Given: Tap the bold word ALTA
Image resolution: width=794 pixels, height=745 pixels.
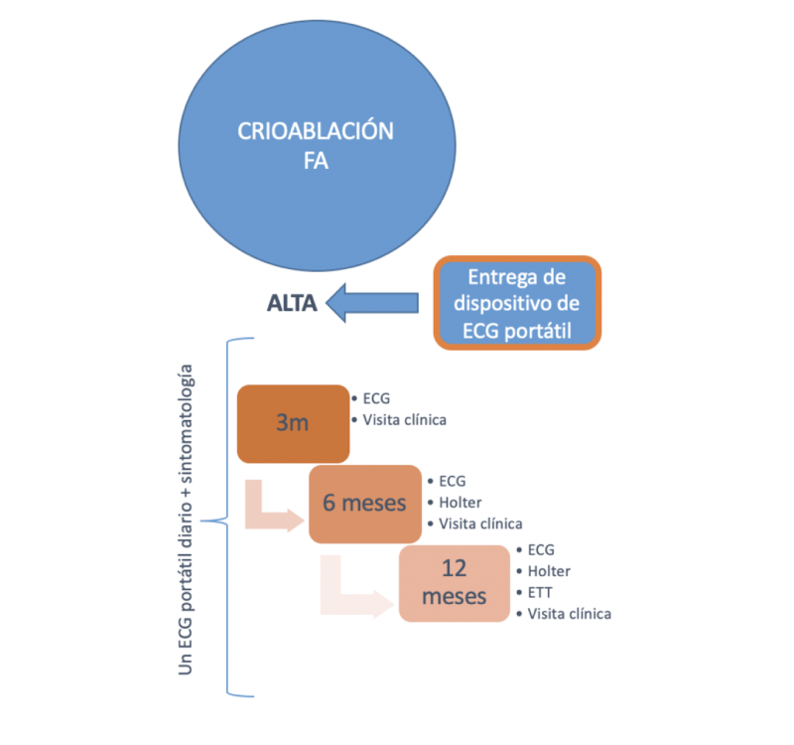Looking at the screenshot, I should tap(291, 304).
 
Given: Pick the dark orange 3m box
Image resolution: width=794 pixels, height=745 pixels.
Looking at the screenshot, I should tap(293, 423).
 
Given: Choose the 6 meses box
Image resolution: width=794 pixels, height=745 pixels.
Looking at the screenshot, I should tap(364, 503).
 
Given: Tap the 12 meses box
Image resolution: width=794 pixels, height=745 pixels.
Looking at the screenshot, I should tap(454, 584).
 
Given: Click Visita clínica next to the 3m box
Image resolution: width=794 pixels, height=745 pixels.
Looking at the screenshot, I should tap(404, 419).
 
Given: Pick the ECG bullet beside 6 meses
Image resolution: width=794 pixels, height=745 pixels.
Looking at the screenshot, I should tap(452, 481).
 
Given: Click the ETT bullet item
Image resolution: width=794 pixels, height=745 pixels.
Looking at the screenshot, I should tap(540, 592).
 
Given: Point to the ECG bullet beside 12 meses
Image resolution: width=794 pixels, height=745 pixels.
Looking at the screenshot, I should tap(541, 549).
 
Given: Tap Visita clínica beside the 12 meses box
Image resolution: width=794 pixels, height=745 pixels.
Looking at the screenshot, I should tap(569, 614).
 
